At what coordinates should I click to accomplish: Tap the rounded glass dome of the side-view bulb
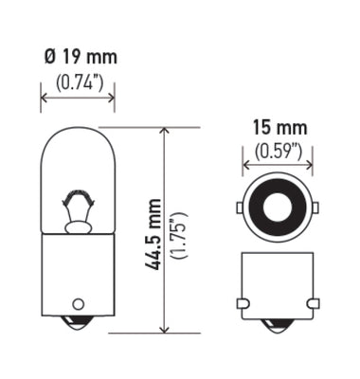77,142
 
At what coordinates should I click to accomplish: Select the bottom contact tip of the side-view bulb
77,327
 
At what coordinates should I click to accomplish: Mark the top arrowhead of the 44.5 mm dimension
164,132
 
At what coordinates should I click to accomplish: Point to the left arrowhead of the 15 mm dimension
246,164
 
